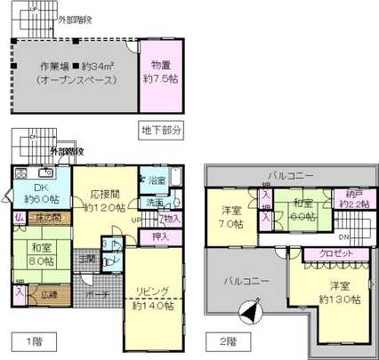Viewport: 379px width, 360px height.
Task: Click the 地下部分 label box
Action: pyautogui.click(x=161, y=131)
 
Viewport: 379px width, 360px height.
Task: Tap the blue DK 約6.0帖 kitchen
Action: pyautogui.click(x=36, y=193)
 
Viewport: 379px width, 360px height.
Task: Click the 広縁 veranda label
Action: pyautogui.click(x=47, y=294)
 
